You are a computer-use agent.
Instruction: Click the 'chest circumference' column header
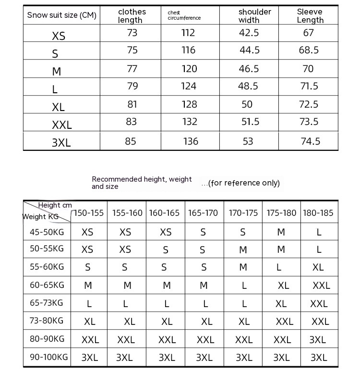tap(184, 15)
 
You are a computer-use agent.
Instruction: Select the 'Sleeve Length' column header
tap(310, 16)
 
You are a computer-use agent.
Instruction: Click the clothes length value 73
tap(132, 33)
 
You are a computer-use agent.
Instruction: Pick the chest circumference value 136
tap(191, 141)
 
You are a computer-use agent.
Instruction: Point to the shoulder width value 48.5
tap(248, 86)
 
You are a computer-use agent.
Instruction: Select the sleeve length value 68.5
tap(309, 50)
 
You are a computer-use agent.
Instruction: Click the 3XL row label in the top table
tap(61, 143)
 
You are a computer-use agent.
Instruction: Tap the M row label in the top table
tap(57, 72)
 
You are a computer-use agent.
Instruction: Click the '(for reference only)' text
tap(240, 183)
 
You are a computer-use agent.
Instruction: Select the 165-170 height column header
tap(203, 213)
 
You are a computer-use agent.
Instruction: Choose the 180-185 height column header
tap(318, 213)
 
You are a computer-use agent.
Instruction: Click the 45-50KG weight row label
tap(47, 232)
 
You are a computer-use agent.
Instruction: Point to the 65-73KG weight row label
tap(47, 303)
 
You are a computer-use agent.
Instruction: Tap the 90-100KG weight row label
tap(47, 357)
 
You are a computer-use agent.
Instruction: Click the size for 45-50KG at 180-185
tap(319, 233)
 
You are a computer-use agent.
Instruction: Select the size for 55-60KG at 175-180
tap(279, 268)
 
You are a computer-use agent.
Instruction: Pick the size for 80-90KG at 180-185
tap(318, 340)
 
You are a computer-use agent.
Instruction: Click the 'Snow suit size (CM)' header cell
tap(61, 15)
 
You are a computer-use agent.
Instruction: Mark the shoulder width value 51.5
tap(250, 122)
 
